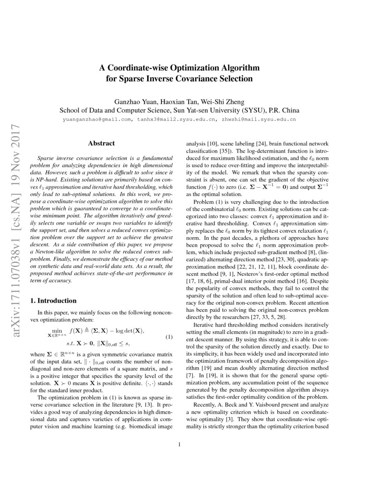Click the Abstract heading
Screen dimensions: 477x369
click(x=101, y=143)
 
